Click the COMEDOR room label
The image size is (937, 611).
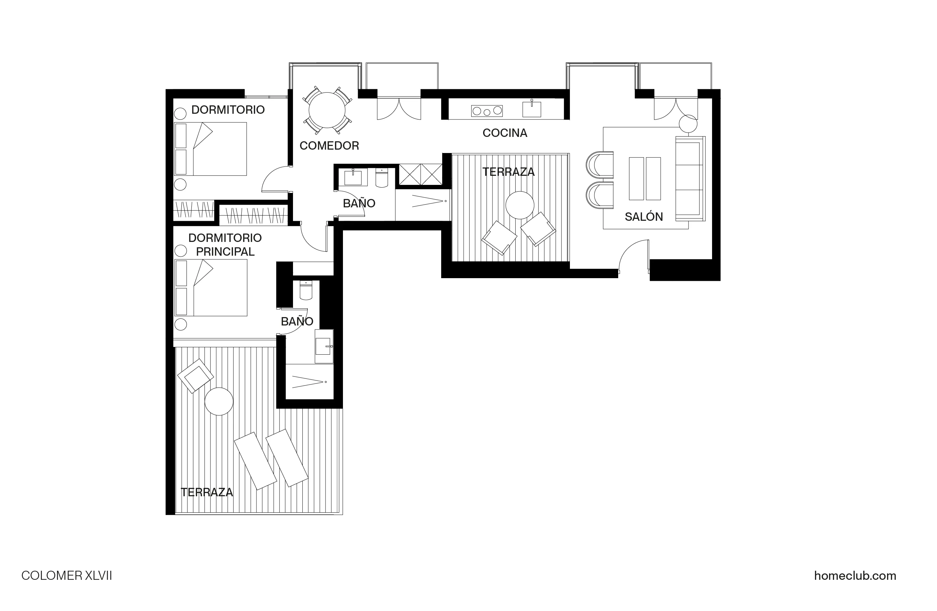coord(329,146)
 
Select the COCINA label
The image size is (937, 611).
coord(505,133)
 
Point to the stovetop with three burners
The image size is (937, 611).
coord(487,111)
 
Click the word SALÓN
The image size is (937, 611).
coord(644,217)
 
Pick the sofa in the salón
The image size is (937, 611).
coord(690,179)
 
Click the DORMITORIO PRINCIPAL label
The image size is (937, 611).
coord(225,245)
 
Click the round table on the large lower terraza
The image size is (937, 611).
coord(219,401)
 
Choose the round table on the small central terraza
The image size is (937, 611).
coord(520,205)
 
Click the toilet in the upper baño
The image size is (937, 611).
coord(382,178)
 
